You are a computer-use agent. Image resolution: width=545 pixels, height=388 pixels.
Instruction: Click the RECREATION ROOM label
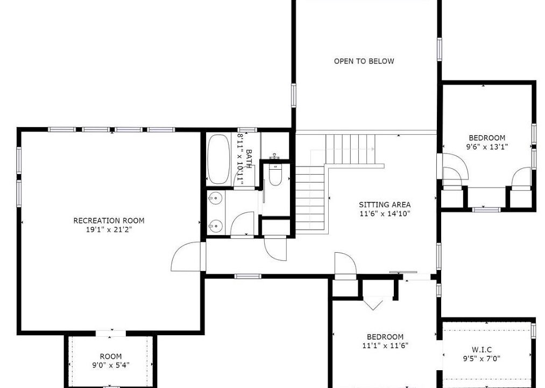click(x=109, y=220)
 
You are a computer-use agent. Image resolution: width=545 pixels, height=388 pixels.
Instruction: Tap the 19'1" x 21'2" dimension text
click(x=110, y=230)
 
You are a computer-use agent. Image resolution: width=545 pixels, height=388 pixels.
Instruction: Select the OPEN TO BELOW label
click(x=364, y=61)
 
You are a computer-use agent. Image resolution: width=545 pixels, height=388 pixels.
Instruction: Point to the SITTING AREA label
click(x=385, y=205)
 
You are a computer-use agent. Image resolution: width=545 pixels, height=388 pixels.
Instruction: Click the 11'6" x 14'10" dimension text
click(x=385, y=213)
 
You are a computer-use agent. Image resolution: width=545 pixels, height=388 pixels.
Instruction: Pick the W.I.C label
click(x=482, y=349)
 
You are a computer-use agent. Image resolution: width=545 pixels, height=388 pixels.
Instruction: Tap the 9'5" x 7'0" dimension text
click(x=481, y=358)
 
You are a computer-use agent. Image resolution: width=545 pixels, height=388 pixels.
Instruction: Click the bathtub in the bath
click(x=218, y=159)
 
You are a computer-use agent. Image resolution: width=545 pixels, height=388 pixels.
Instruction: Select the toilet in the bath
click(x=276, y=176)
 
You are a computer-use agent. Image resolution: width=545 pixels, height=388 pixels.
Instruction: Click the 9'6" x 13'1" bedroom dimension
click(x=486, y=147)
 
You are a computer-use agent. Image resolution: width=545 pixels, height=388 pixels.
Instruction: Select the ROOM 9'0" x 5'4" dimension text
click(x=110, y=365)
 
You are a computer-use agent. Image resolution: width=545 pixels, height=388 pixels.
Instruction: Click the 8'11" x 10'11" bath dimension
click(x=240, y=160)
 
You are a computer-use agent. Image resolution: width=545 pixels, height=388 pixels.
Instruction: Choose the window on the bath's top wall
click(x=247, y=130)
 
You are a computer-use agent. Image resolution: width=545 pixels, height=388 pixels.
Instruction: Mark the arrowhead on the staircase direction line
click(x=373, y=149)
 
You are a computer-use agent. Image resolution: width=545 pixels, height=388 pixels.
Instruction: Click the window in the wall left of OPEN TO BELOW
click(x=294, y=95)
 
